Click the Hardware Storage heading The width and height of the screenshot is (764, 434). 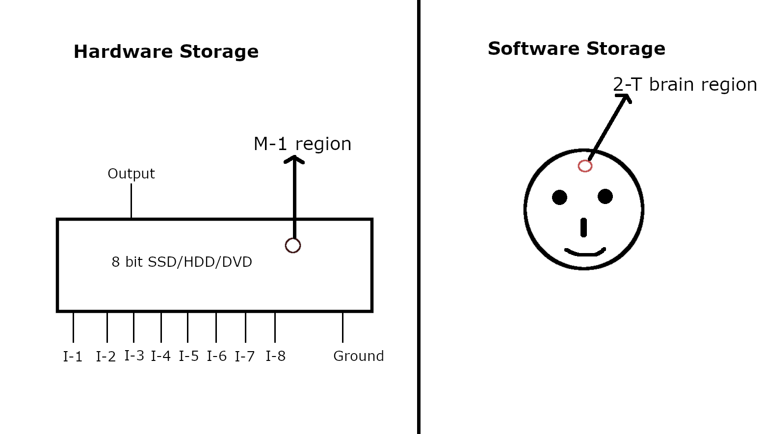pos(166,51)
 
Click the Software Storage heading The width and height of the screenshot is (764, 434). pos(576,49)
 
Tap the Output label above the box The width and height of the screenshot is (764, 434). pos(131,174)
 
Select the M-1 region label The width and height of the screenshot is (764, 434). pos(302,144)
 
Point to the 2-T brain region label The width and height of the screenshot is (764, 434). pos(685,84)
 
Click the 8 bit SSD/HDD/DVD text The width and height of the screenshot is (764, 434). pos(182,262)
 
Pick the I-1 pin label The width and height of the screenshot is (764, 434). pos(73,357)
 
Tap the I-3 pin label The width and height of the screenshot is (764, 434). pos(134,356)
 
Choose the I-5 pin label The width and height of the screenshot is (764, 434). pos(188,356)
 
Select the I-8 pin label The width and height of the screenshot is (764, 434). pos(275,356)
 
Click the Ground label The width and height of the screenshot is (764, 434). pos(358,356)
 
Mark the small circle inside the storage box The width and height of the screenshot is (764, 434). pos(293,245)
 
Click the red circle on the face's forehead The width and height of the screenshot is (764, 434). pos(585,166)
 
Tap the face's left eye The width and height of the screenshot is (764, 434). pos(559,197)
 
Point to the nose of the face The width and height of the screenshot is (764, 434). pos(583,228)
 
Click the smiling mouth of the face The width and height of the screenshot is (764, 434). pos(585,253)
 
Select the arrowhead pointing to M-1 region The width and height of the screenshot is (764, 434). pos(294,159)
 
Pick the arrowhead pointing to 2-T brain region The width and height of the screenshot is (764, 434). pos(626,98)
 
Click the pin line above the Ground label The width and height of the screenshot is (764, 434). pos(342,327)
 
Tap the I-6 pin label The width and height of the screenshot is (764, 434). pos(216,356)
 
